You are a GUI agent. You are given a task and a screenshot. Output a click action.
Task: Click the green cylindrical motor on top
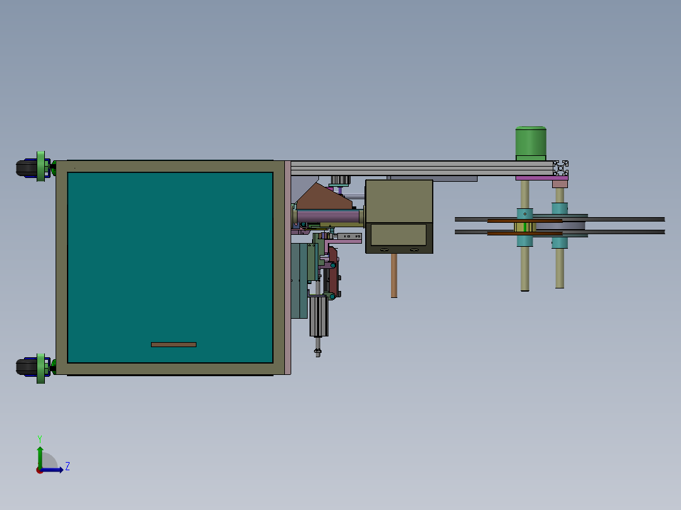click(531, 143)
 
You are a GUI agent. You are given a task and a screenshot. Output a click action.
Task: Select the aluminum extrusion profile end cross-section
click(560, 169)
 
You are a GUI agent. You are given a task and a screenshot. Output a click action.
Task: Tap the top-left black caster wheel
click(26, 168)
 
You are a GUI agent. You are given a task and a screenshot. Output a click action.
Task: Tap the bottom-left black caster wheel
click(26, 367)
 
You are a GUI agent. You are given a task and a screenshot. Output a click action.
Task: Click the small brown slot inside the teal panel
click(173, 345)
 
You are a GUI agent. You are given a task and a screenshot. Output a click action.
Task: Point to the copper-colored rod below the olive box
click(394, 275)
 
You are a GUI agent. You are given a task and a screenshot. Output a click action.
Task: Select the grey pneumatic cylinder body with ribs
click(318, 316)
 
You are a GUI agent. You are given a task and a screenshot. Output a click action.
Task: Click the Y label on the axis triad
click(39, 438)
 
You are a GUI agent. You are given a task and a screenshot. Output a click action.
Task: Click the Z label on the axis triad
click(67, 466)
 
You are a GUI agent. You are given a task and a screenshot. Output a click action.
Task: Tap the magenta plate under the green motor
click(540, 178)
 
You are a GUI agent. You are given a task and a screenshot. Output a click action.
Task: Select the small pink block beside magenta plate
click(560, 184)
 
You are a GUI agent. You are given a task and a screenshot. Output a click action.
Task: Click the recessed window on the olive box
click(398, 235)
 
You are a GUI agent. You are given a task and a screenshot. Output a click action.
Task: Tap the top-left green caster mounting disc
click(41, 167)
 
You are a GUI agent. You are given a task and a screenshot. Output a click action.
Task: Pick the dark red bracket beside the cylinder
click(334, 271)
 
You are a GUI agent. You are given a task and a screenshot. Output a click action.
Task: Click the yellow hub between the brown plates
click(524, 227)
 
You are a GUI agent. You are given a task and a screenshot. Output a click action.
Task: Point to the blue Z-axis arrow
click(54, 470)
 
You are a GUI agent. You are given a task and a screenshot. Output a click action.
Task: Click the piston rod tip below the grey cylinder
click(318, 352)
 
